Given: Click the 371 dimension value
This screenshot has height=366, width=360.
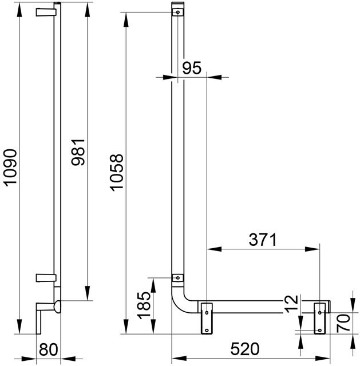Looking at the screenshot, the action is tap(262, 240).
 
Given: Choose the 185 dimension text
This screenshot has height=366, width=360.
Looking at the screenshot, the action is tap(144, 306).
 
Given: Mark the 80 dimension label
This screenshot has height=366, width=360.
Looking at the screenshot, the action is tap(49, 349).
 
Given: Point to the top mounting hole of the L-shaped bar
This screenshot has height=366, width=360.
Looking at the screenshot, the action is tap(178, 11).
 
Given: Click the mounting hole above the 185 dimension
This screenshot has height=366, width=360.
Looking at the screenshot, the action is tap(177, 279).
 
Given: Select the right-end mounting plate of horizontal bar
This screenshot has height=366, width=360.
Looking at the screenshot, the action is tap(320, 316).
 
